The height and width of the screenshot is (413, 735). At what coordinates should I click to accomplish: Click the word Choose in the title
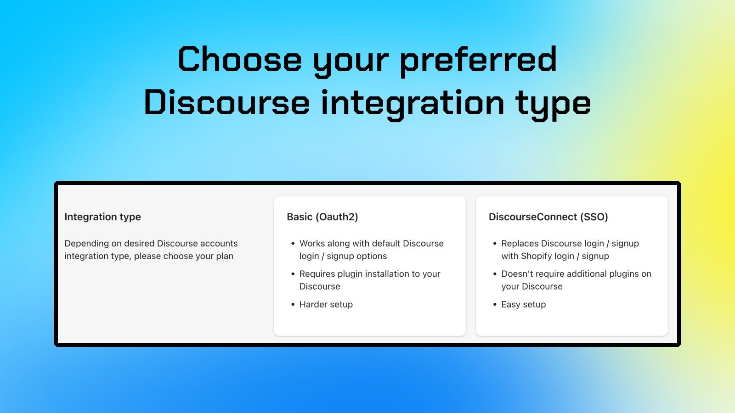tap(240, 60)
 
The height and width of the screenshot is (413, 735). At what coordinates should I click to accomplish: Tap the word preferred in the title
tap(478, 60)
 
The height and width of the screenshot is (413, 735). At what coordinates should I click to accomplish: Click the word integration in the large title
tap(413, 103)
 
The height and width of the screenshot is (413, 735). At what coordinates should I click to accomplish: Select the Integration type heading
tap(102, 217)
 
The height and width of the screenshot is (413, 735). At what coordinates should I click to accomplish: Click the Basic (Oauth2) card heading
tap(322, 217)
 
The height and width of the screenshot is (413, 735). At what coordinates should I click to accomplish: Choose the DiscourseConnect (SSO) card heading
tap(548, 217)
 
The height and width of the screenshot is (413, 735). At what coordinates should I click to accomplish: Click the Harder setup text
tap(326, 305)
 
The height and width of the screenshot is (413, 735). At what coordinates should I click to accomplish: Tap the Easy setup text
tap(523, 305)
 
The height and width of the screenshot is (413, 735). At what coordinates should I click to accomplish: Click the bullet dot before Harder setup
tap(293, 304)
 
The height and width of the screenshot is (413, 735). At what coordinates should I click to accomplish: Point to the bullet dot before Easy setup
tap(495, 304)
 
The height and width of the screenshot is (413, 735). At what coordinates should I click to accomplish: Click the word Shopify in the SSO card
tap(536, 257)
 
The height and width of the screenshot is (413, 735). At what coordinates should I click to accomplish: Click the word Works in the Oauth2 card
tap(312, 244)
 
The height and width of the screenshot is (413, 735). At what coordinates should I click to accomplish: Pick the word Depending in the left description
tap(86, 244)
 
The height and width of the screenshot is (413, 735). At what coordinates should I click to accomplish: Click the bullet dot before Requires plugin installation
tap(293, 274)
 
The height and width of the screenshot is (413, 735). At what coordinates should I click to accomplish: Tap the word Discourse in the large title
tap(226, 103)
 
